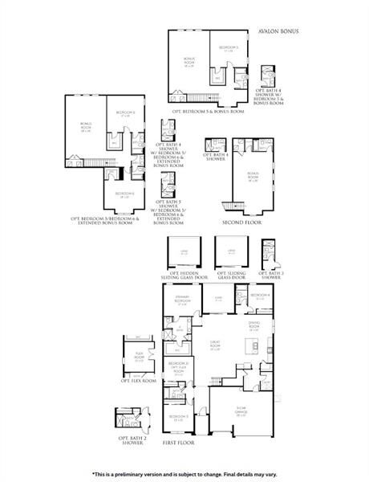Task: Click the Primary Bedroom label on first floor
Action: point(181,303)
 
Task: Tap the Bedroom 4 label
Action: point(259,296)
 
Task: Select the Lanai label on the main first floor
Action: point(217,299)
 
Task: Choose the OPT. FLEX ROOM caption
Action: point(138,380)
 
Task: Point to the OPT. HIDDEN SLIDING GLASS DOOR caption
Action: point(180,275)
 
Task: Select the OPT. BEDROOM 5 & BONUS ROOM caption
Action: point(208,111)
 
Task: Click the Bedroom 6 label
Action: point(124,194)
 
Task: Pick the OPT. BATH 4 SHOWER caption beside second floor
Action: point(213,156)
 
